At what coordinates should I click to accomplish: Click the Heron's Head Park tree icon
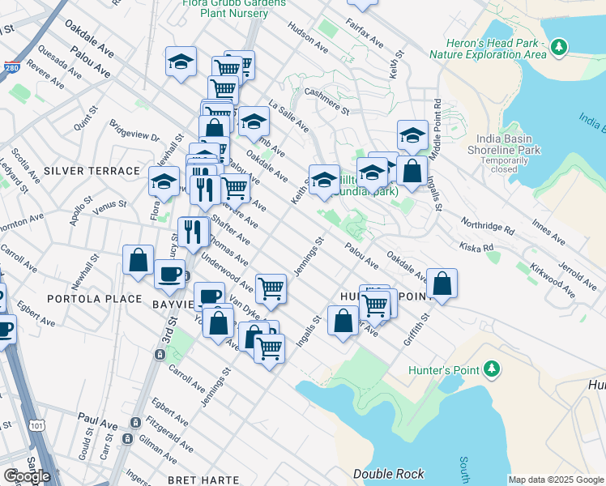pos(558,48)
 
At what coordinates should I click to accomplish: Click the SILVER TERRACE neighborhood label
pos(92,171)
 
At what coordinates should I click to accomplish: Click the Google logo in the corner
pos(27,476)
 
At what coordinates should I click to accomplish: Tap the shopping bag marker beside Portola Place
pos(139,261)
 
